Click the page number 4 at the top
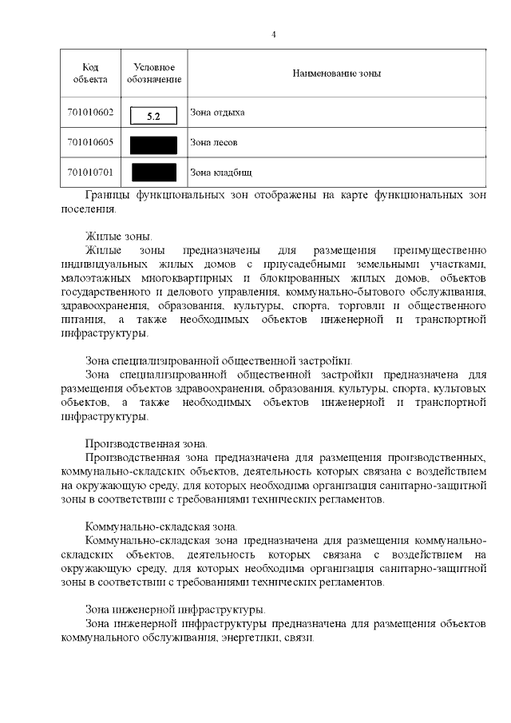(x=274, y=34)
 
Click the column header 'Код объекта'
(x=89, y=73)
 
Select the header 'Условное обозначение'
(x=153, y=73)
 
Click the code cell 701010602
(x=89, y=113)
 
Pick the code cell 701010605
(x=89, y=142)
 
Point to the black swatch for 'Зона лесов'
(x=153, y=145)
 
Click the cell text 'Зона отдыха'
(x=217, y=113)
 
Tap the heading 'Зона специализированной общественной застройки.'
(x=219, y=360)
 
